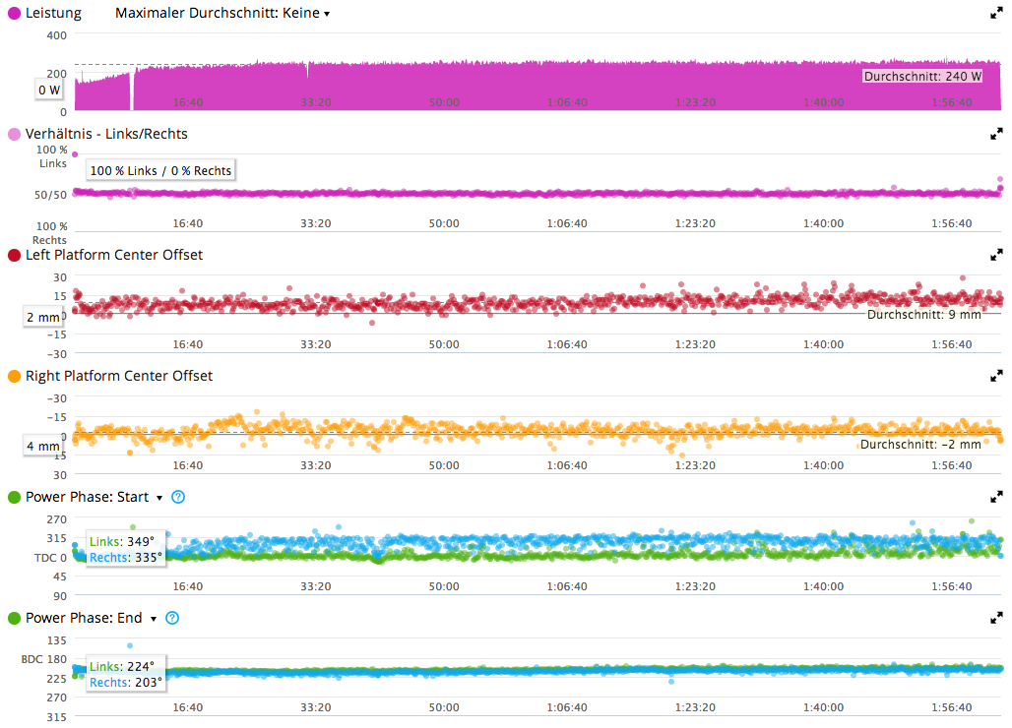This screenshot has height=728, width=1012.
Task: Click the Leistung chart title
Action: [x=53, y=14]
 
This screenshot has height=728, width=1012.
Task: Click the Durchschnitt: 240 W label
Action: [x=922, y=76]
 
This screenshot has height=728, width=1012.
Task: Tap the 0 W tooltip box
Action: [x=49, y=90]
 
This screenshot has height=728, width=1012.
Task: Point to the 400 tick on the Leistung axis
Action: [x=56, y=34]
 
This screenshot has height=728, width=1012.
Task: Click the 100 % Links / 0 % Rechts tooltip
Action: [x=160, y=170]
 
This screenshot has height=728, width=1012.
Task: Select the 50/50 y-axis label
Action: [x=51, y=194]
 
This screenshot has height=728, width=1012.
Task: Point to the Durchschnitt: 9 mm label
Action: [x=924, y=315]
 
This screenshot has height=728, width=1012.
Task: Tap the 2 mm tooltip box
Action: [x=43, y=317]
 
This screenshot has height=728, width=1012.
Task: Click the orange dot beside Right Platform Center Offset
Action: [x=14, y=376]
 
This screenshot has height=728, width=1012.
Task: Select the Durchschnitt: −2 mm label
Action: [x=920, y=445]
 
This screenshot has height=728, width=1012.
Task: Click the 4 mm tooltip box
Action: [x=43, y=446]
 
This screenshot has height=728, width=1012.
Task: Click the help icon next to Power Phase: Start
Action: [x=178, y=497]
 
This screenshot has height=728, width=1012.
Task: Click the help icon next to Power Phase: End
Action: [x=172, y=618]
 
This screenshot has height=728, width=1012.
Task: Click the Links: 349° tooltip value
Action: [x=123, y=541]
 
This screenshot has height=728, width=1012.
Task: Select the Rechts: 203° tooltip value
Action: [x=125, y=682]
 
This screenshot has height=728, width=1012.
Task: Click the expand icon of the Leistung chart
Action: [x=996, y=14]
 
